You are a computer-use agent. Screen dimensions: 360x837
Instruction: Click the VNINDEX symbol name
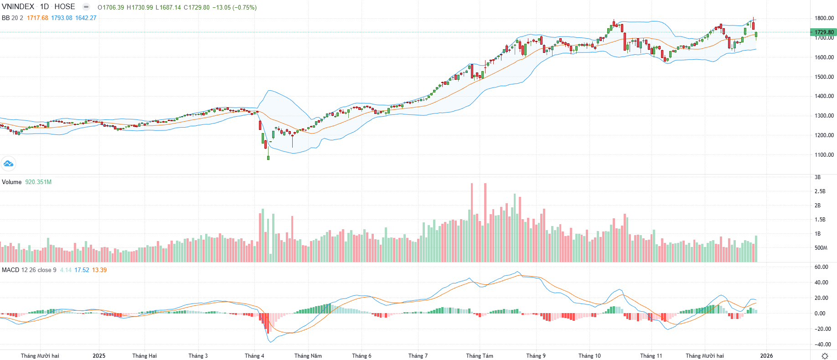[x=18, y=7]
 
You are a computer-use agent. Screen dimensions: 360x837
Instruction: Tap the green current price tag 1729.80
[x=824, y=32]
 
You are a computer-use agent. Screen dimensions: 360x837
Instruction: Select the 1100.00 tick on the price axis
[x=824, y=155]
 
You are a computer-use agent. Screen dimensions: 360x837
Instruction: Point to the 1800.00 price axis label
[x=824, y=18]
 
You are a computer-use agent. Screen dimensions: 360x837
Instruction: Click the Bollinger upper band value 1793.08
[x=62, y=18]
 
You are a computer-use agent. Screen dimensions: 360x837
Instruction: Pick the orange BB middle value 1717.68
[x=37, y=18]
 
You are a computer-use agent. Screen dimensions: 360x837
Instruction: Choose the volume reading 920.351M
[x=38, y=182]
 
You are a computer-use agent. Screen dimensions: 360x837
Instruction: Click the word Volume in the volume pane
[x=12, y=182]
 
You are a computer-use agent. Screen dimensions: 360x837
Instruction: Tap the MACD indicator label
[x=10, y=270]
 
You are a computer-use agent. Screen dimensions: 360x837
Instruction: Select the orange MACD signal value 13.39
[x=99, y=270]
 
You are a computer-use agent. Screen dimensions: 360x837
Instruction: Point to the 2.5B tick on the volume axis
[x=820, y=191]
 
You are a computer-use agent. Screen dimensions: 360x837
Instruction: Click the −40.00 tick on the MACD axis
[x=822, y=345]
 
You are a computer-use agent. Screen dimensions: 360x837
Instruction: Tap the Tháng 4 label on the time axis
[x=254, y=356]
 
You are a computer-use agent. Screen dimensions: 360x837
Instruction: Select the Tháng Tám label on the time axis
[x=480, y=356]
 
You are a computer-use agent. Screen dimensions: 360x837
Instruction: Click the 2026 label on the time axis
[x=766, y=356]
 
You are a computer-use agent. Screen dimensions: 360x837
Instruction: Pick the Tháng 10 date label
[x=589, y=356]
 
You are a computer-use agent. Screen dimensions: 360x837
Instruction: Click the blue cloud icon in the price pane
[x=8, y=163]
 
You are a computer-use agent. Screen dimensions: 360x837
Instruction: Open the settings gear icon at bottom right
[x=824, y=356]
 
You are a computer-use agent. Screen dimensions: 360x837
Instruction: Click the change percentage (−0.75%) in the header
[x=245, y=7]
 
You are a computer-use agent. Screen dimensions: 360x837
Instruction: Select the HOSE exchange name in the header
[x=65, y=7]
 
